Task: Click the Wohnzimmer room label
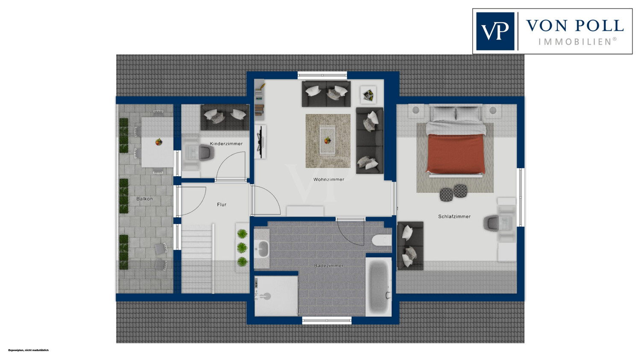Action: tap(329, 179)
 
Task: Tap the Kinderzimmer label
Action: tap(226, 143)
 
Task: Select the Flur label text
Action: tap(221, 205)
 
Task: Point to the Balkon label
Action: tap(144, 199)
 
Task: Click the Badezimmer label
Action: tap(329, 266)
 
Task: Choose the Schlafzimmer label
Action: tap(454, 217)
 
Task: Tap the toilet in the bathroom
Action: tap(382, 240)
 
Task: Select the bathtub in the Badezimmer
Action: tap(379, 287)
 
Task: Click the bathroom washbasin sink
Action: tap(262, 248)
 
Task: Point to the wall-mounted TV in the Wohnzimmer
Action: tap(260, 142)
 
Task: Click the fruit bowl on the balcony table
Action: tap(159, 142)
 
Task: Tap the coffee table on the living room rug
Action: tap(327, 141)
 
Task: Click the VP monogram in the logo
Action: tap(495, 32)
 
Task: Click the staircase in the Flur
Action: tap(197, 258)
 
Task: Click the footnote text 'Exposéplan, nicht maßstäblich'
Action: tap(29, 350)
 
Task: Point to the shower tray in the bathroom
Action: tap(276, 296)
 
